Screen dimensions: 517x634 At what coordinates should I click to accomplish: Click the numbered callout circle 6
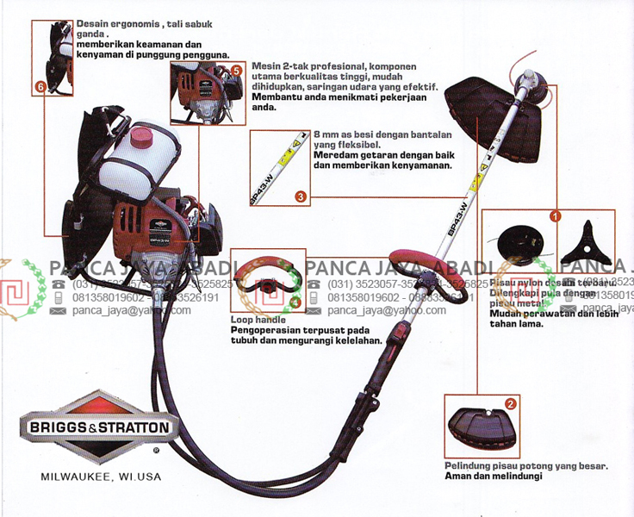40,87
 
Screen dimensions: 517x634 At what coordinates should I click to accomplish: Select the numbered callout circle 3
300,196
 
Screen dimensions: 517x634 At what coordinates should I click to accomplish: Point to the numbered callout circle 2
511,402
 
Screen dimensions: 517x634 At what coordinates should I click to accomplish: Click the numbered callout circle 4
295,302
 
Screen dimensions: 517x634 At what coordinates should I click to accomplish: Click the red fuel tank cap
141,137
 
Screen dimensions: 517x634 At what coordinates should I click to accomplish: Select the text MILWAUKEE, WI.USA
100,476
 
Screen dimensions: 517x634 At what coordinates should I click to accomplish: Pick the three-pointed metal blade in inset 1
585,244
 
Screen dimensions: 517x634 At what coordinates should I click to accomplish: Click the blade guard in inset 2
483,428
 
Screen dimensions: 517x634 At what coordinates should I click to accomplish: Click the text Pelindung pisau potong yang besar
525,466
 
